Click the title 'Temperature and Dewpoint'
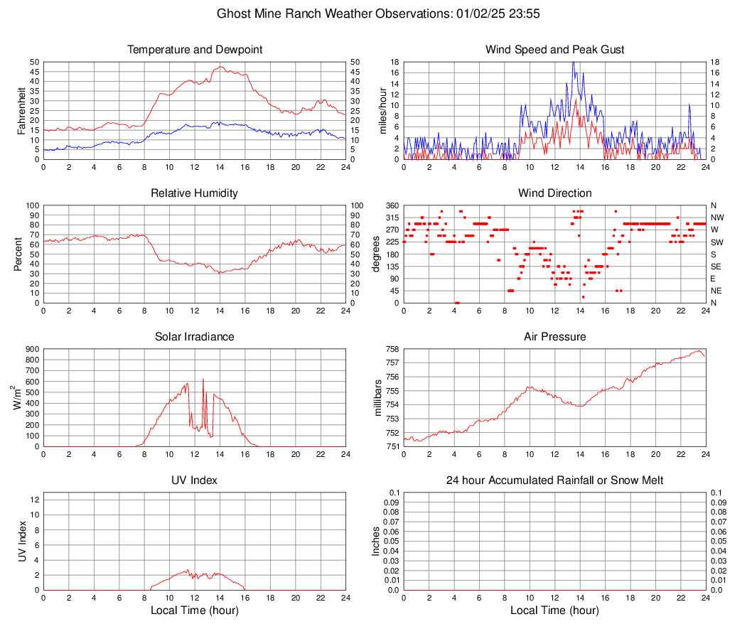(194, 50)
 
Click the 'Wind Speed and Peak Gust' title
(554, 50)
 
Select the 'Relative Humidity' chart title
(194, 193)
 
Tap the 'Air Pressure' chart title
(554, 337)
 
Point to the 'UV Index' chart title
(194, 480)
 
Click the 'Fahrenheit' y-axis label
(21, 110)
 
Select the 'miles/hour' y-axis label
(382, 110)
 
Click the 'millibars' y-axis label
(378, 398)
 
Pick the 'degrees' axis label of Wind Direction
(377, 254)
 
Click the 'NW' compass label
(717, 217)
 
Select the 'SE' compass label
(716, 267)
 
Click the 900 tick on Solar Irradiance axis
(31, 349)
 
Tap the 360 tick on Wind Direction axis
(392, 205)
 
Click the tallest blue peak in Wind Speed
(573, 63)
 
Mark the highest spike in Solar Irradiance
(203, 379)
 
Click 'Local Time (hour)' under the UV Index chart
(194, 610)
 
